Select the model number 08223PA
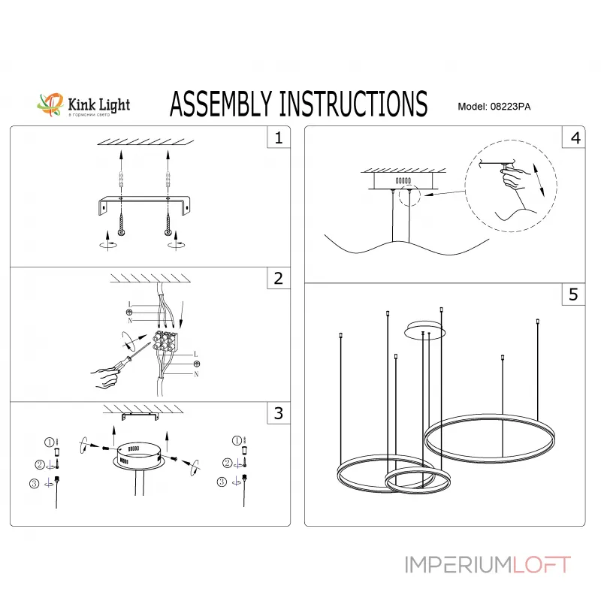(512, 107)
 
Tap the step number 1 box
(278, 138)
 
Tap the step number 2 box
(278, 279)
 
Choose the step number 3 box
(278, 412)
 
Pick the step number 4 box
(575, 138)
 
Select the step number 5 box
(575, 295)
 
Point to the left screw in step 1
(121, 222)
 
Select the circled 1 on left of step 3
(50, 442)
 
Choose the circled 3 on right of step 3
(222, 482)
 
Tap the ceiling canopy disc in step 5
(425, 328)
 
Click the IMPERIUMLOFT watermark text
(488, 564)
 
